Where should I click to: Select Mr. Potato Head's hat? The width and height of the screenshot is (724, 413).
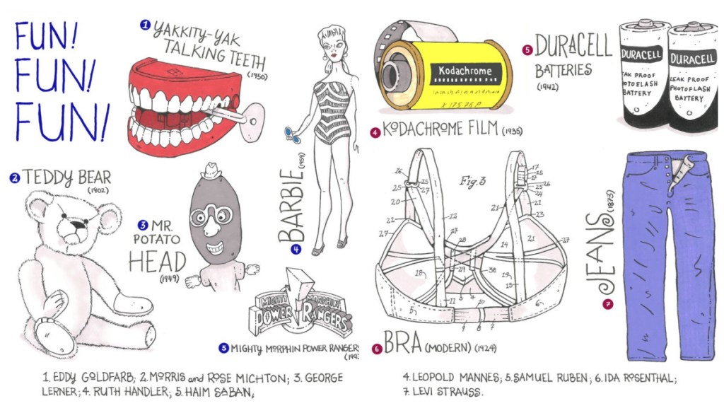[x=211, y=171]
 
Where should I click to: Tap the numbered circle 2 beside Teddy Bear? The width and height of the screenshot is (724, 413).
[x=14, y=178]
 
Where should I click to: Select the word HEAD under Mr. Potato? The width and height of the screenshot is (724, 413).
[x=157, y=262]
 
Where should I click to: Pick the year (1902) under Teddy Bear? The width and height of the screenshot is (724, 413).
[x=98, y=189]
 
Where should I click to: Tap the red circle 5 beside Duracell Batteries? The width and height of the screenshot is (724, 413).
[x=527, y=50]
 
